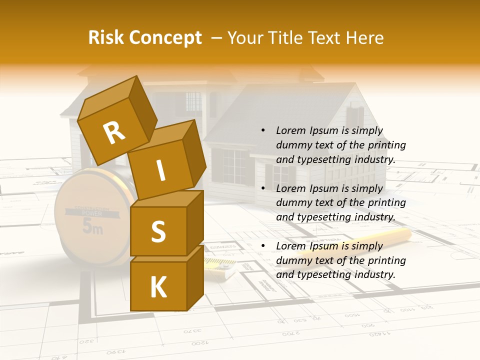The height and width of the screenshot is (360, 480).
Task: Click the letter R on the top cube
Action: (114, 132)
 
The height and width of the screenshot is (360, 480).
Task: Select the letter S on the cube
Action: (158, 231)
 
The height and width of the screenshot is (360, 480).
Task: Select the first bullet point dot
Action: (263, 130)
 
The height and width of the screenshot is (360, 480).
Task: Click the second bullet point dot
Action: (263, 188)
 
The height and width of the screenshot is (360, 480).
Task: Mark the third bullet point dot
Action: (263, 246)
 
